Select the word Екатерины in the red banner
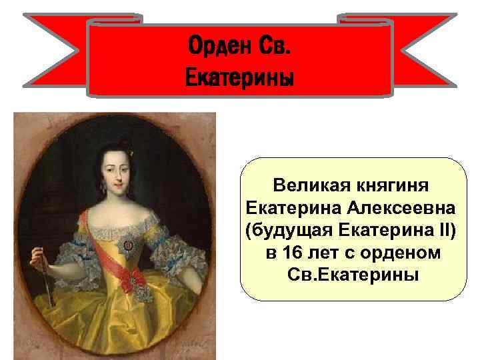(x=239, y=77)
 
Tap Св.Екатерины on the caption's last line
(x=353, y=275)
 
